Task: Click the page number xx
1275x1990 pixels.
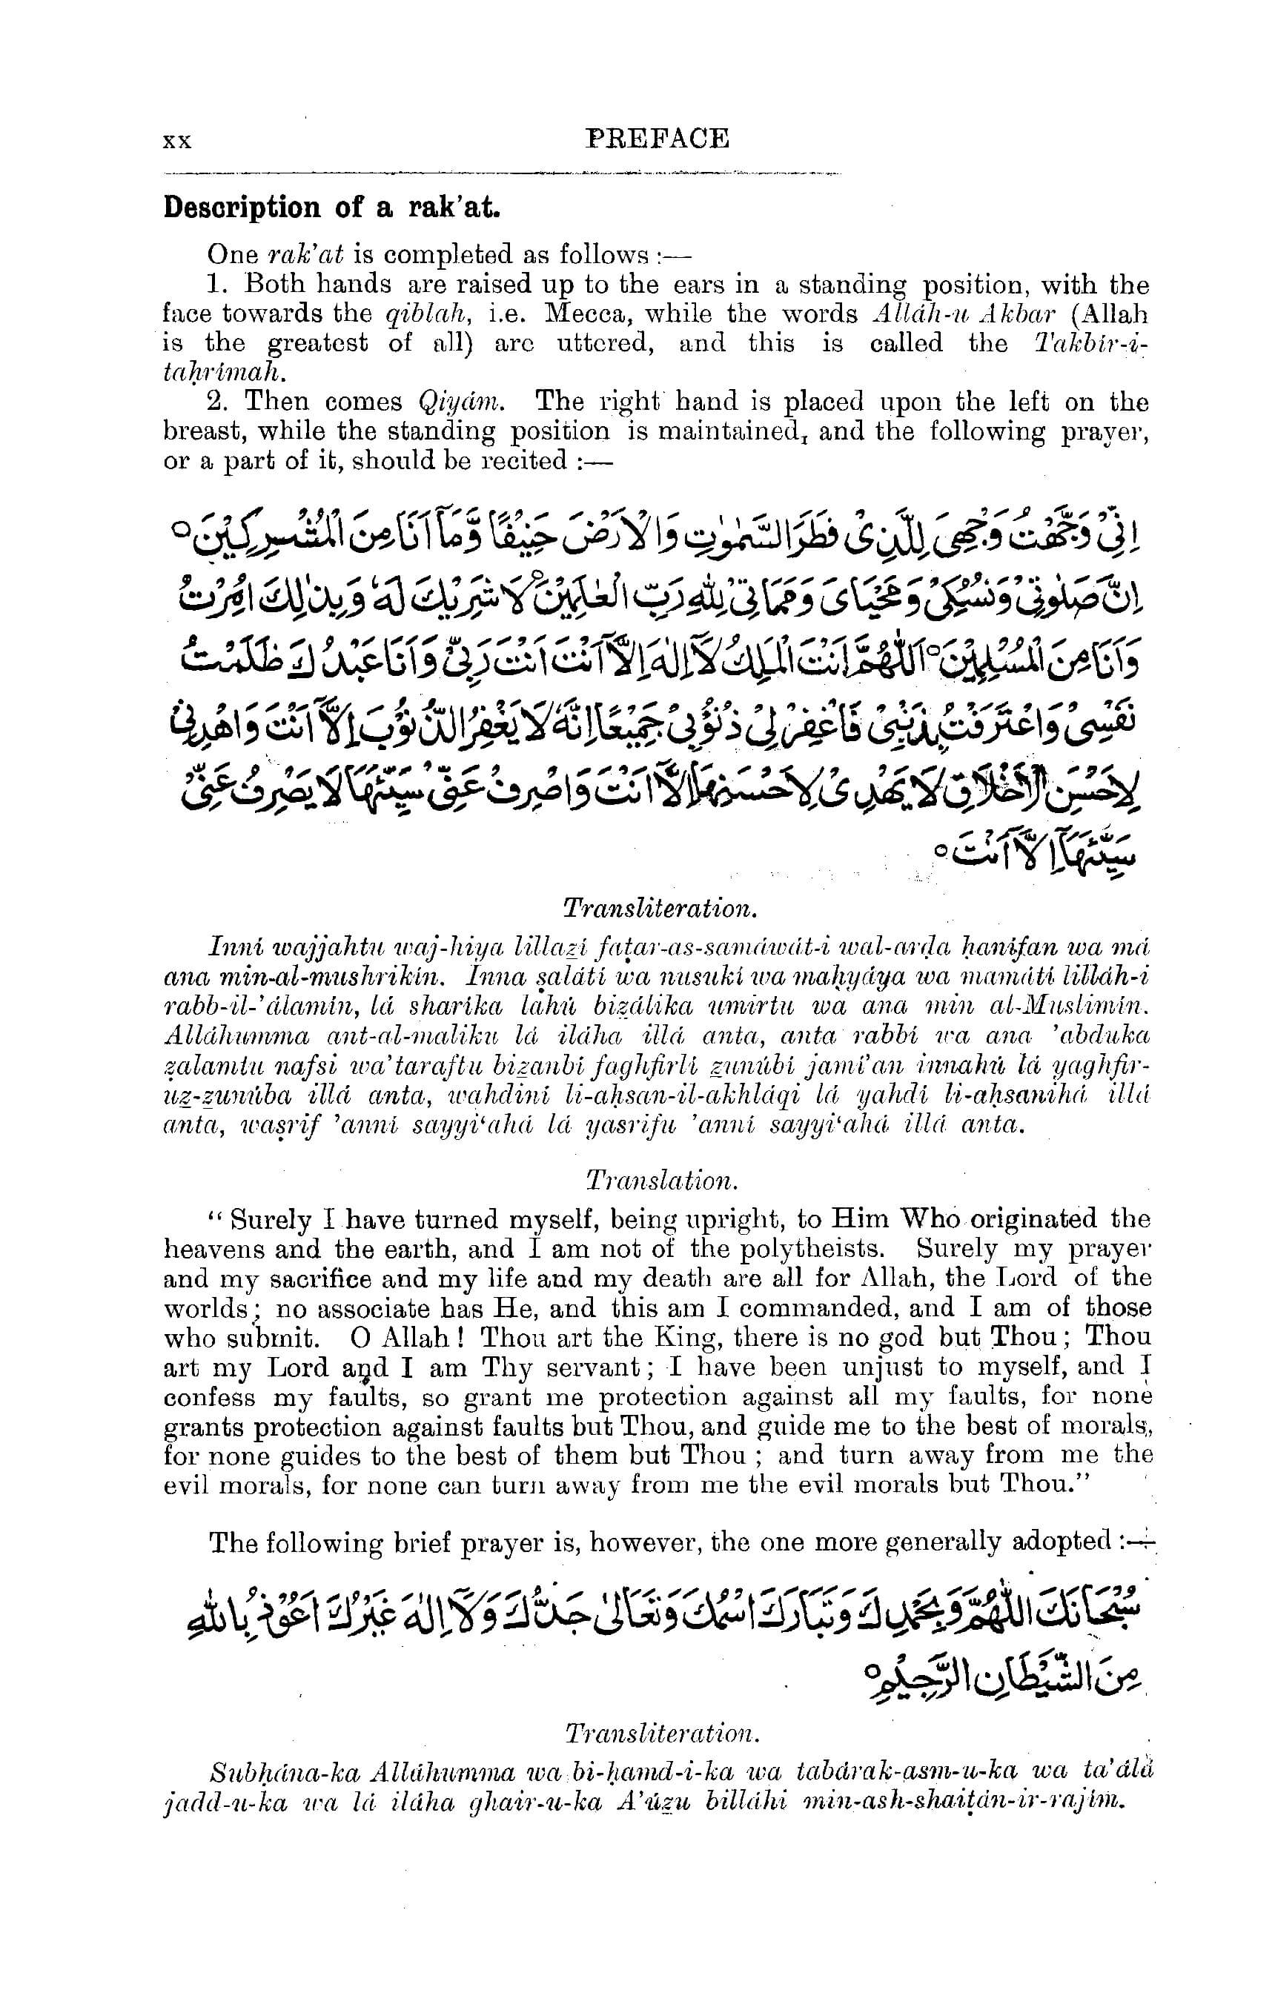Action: (x=178, y=142)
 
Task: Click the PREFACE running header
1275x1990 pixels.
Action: (x=658, y=139)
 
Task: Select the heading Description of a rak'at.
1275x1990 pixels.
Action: (x=332, y=207)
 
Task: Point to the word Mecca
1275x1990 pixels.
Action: (x=574, y=314)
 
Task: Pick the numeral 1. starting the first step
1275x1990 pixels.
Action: (x=217, y=285)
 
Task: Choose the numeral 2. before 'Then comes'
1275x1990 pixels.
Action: (x=218, y=402)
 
